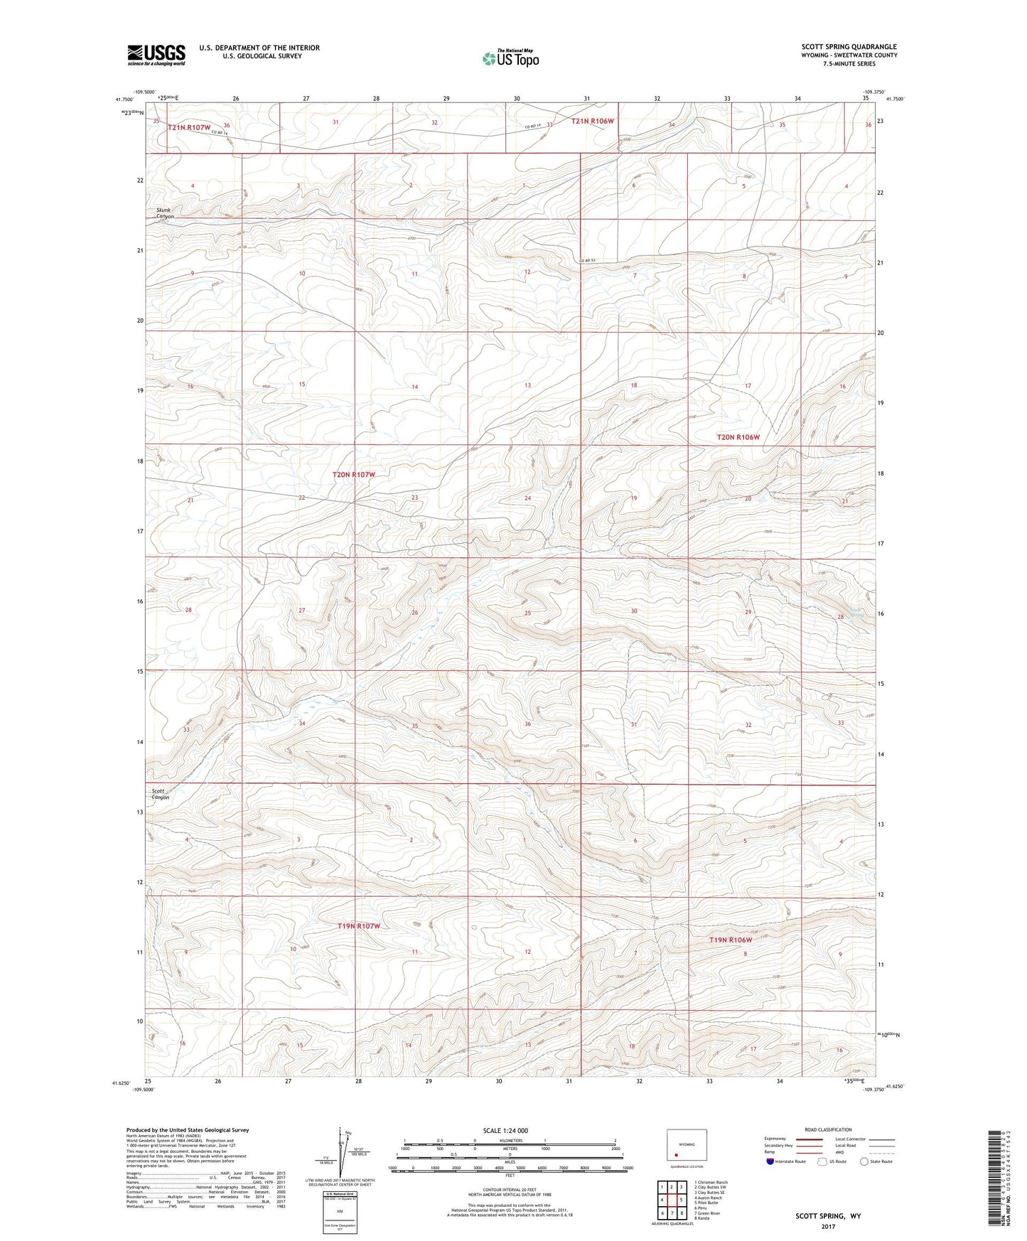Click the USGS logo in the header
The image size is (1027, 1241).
point(156,55)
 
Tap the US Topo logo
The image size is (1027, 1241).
point(510,58)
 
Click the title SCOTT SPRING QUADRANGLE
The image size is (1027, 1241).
point(849,47)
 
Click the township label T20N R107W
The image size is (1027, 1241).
point(353,475)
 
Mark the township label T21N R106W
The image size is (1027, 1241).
point(592,122)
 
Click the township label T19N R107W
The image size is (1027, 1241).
point(359,926)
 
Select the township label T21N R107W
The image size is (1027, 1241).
point(189,128)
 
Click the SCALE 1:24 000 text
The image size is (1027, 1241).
point(505,1131)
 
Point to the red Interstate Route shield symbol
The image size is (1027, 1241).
point(770,1161)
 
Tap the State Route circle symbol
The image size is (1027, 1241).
point(864,1161)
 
